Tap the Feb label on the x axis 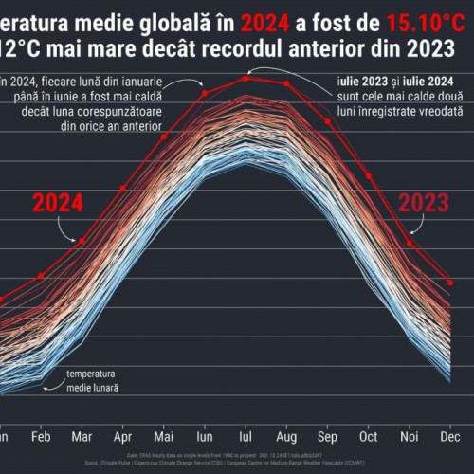point(40,439)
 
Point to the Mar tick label point(82,439)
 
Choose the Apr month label point(123,439)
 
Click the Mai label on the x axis point(164,439)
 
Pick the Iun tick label point(204,439)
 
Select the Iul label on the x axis point(245,439)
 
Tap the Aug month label point(285,439)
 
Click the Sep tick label point(327,439)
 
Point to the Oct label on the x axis point(368,439)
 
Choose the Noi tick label point(409,439)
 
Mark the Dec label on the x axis point(449,439)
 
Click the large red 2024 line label point(58,202)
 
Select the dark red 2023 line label point(422,202)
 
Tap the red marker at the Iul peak point(246,78)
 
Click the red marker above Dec point(449,281)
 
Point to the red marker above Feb point(41,276)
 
